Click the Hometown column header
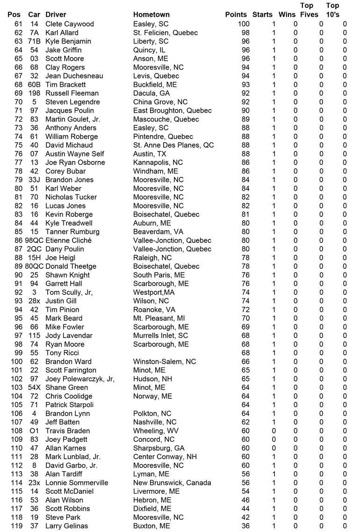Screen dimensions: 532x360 151,14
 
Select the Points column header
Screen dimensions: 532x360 236,14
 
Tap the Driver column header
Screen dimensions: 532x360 56,14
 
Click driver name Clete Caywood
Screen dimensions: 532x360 70,24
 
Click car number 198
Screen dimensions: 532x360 34,93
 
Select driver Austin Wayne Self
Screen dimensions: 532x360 75,154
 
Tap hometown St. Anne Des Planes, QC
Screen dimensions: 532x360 173,145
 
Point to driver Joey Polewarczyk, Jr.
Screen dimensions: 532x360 80,379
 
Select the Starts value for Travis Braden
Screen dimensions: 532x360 274,431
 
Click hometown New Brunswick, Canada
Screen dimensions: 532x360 172,482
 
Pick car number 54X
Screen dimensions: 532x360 34,388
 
